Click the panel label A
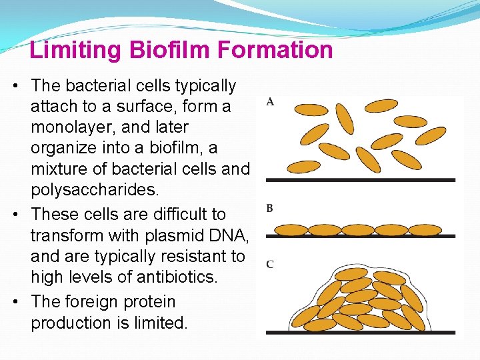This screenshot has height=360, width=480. pyautogui.click(x=270, y=102)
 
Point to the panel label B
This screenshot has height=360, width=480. pyautogui.click(x=269, y=209)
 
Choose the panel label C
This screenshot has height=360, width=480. pyautogui.click(x=269, y=265)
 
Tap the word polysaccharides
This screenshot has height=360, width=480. pyautogui.click(x=95, y=190)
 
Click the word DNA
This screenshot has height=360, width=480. pyautogui.click(x=227, y=235)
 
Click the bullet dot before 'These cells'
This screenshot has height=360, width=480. pyautogui.click(x=15, y=215)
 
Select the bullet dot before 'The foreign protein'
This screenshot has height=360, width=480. pyautogui.click(x=15, y=302)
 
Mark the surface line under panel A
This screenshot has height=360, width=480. pyautogui.click(x=360, y=180)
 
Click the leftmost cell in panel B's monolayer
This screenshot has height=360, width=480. pyautogui.click(x=292, y=230)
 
